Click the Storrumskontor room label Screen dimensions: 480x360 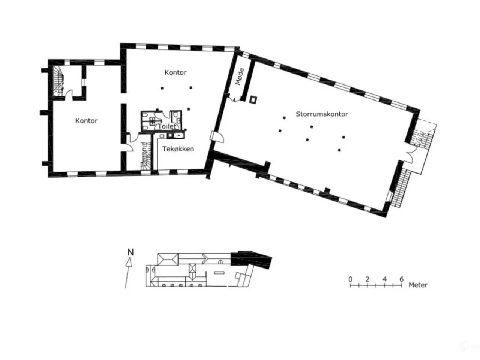coord(322,114)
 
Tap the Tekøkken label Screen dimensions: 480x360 coord(178,149)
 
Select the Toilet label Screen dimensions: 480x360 coord(167,126)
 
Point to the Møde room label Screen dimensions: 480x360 coord(240,76)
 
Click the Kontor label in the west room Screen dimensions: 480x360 coord(86,121)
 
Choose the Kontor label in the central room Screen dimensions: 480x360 coord(175,72)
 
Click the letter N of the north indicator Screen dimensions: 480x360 coord(130,252)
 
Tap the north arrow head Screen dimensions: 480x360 coord(129,262)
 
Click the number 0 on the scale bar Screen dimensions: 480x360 coord(350,279)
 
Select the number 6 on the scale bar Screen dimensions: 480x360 coord(401,279)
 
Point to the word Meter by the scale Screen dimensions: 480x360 coord(418,285)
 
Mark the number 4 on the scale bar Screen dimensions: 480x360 coord(384,279)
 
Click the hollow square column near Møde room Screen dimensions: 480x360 coord(253,100)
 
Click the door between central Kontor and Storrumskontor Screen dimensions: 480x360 coord(217,137)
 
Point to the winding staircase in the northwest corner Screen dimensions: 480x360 coord(58,81)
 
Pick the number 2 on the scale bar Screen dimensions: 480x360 coord(367,279)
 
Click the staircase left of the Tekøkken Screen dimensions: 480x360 coord(146,156)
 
